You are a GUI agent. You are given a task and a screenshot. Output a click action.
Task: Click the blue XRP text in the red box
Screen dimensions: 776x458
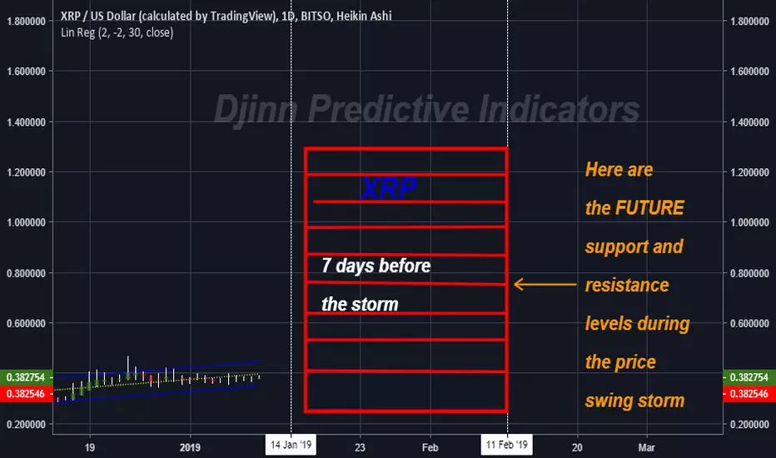click(389, 189)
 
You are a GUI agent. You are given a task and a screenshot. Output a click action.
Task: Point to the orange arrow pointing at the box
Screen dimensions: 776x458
click(545, 284)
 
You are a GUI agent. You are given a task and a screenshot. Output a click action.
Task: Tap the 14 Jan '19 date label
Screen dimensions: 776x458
click(291, 445)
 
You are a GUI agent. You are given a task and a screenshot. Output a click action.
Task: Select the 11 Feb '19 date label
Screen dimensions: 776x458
click(507, 445)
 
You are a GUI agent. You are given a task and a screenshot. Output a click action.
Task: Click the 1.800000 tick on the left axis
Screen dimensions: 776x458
click(27, 22)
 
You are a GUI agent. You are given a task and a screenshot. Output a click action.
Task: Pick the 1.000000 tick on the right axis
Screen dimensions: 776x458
click(749, 222)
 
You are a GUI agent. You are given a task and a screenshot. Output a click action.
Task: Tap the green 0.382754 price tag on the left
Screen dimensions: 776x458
click(27, 377)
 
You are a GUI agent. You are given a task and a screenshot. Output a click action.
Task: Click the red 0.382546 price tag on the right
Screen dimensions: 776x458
click(749, 394)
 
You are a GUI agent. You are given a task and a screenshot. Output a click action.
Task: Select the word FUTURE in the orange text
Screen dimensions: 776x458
click(649, 208)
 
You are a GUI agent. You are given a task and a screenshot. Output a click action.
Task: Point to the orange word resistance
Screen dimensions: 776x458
click(627, 285)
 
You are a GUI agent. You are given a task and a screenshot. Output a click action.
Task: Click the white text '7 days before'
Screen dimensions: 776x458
click(376, 266)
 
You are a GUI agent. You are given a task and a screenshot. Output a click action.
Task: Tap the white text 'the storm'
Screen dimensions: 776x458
click(360, 304)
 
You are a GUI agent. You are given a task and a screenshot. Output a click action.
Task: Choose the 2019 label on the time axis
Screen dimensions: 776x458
click(190, 448)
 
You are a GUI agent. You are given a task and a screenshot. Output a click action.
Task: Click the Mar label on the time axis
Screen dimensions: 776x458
click(646, 448)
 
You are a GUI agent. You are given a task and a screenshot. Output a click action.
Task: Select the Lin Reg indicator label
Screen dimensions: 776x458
click(117, 32)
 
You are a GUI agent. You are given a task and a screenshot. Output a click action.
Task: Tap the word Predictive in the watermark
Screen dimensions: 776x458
click(389, 109)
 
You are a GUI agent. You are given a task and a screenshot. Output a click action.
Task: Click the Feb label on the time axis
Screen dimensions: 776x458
click(430, 448)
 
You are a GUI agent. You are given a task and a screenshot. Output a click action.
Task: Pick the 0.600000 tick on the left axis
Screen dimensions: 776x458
click(27, 323)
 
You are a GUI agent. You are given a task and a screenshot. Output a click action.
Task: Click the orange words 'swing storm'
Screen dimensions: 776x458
click(635, 401)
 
